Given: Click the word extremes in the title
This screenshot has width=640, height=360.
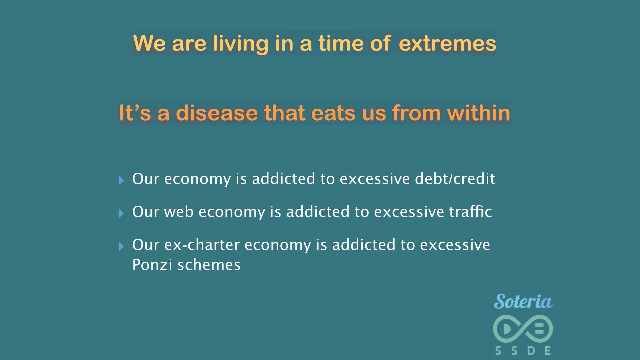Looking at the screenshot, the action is pyautogui.click(x=447, y=44).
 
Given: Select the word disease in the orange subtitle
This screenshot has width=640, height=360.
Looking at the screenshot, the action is pyautogui.click(x=217, y=113).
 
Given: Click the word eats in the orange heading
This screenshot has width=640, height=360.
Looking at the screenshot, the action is pyautogui.click(x=334, y=113).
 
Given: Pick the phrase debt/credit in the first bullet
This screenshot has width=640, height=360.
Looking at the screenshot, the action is pyautogui.click(x=455, y=179).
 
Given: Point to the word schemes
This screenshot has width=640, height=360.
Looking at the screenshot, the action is pyautogui.click(x=209, y=265).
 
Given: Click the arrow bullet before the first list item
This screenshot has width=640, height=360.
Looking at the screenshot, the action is pyautogui.click(x=121, y=180).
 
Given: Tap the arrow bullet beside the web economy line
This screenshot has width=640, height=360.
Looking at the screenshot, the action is pyautogui.click(x=121, y=213).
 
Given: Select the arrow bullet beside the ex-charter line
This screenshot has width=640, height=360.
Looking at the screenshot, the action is pyautogui.click(x=121, y=246).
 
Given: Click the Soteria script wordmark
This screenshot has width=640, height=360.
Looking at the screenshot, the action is pyautogui.click(x=523, y=301).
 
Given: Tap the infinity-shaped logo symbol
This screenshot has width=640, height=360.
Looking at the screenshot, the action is pyautogui.click(x=523, y=329).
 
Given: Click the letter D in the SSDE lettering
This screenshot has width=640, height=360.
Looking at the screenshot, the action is pyautogui.click(x=531, y=351).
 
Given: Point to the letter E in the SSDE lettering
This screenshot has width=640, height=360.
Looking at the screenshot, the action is pyautogui.click(x=547, y=351).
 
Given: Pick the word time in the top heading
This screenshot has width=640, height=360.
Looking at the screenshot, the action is pyautogui.click(x=341, y=44).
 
